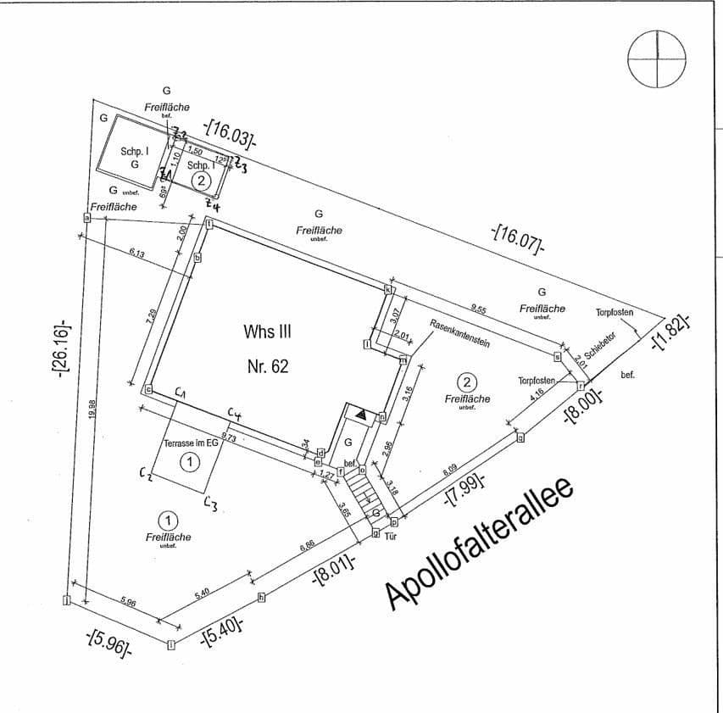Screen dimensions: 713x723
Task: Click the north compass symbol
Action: coord(656,59)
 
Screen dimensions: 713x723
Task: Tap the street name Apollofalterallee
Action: coord(480,546)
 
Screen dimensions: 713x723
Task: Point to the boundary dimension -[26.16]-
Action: coord(62,349)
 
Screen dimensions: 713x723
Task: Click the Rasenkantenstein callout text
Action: coord(459,334)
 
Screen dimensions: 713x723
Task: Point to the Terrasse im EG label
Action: coord(191,443)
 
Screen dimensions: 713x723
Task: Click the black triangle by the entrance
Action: coord(362,415)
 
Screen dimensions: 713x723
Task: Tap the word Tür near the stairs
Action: coord(391,537)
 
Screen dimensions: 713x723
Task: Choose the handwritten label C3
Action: coord(212,505)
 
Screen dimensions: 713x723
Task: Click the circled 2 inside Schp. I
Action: coord(201,181)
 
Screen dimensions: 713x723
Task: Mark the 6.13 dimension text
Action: coord(137,253)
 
